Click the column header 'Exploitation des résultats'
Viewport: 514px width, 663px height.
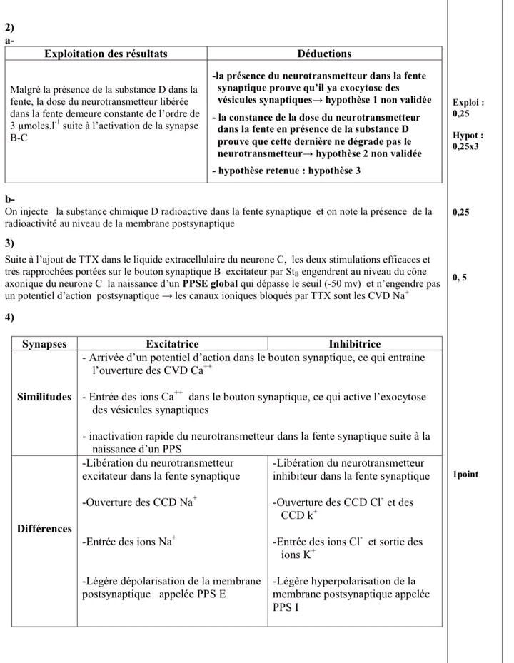coord(106,54)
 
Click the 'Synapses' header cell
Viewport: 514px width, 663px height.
coord(44,344)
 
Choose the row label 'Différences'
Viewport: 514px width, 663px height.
coord(44,529)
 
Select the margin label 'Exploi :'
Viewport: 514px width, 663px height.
coord(469,103)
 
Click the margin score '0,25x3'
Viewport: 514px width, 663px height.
coord(468,146)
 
